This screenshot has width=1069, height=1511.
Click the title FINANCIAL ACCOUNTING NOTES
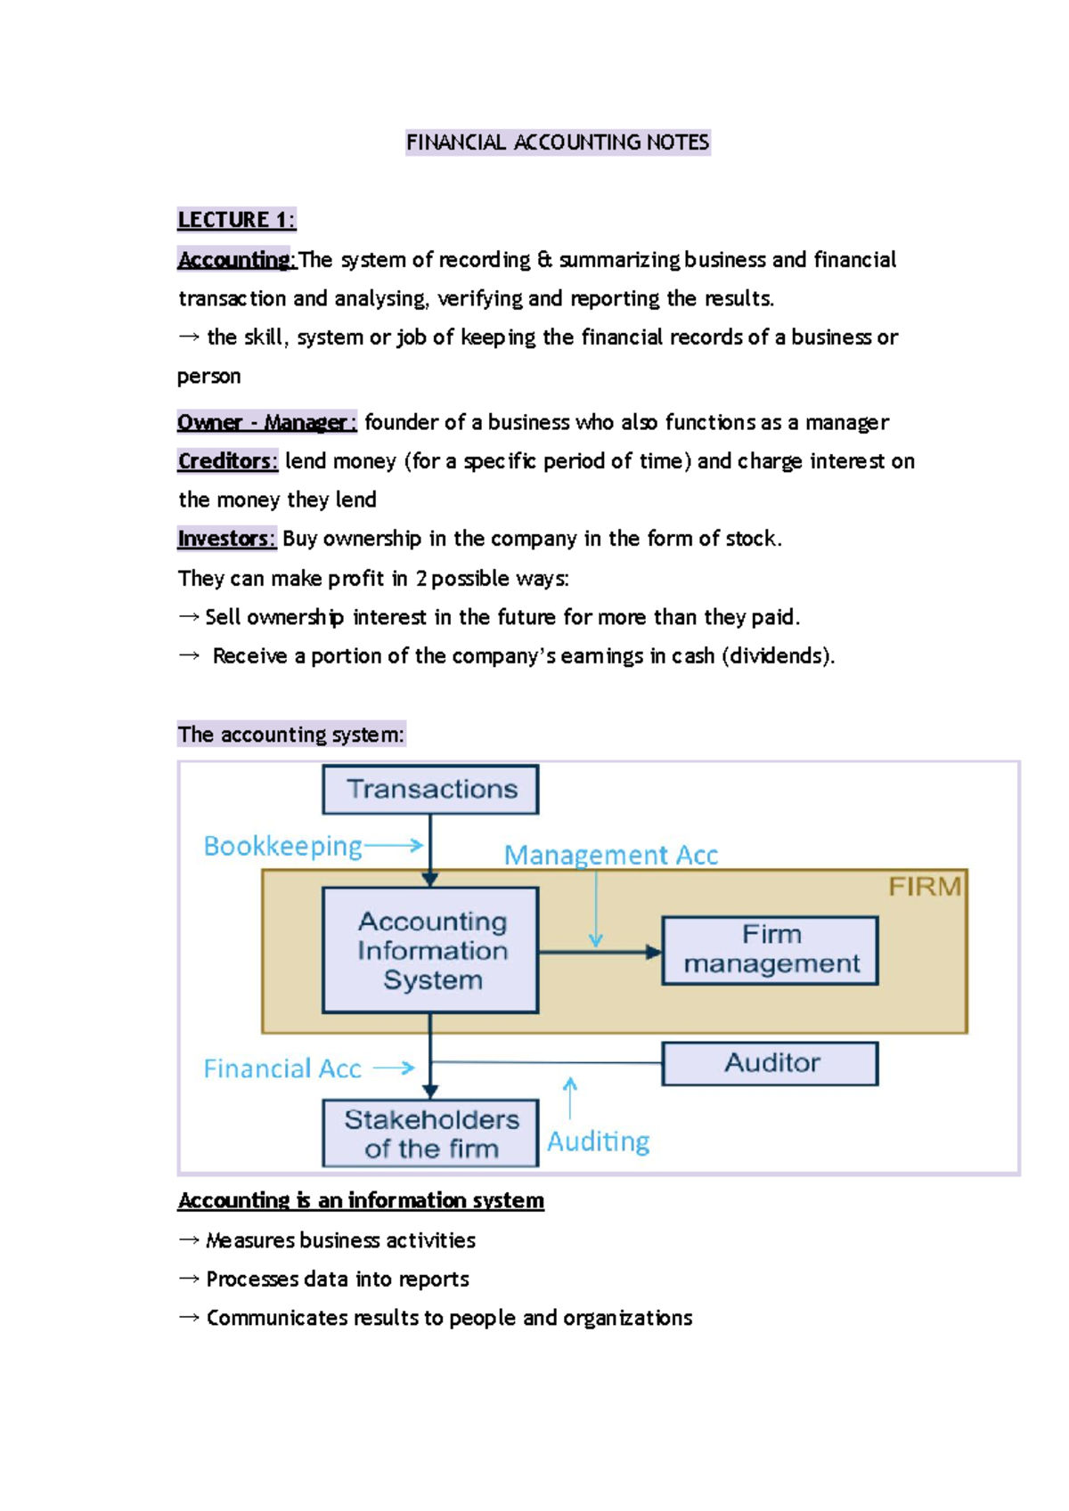tap(558, 142)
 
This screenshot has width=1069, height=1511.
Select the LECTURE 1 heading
tap(236, 220)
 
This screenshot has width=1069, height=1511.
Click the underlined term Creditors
tap(227, 461)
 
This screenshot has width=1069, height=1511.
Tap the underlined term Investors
tap(226, 539)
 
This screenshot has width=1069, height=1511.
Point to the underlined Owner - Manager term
tap(266, 422)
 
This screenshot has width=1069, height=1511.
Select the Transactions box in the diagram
tap(431, 790)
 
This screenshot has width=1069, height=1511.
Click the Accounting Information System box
tap(431, 950)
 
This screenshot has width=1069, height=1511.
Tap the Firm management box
tap(771, 950)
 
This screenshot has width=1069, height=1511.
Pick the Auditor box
tap(771, 1063)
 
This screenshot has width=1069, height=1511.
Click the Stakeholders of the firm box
tap(431, 1133)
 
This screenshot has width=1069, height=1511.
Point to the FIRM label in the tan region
tap(925, 887)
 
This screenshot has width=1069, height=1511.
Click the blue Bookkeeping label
tap(283, 846)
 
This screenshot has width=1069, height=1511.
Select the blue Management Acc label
tap(611, 856)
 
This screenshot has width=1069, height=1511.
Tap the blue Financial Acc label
tap(282, 1068)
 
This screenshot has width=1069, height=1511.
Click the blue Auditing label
tap(598, 1141)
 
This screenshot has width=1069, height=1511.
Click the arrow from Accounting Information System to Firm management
tap(600, 952)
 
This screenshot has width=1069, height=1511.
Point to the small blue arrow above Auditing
tap(570, 1097)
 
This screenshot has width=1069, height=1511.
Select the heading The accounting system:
tap(291, 735)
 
